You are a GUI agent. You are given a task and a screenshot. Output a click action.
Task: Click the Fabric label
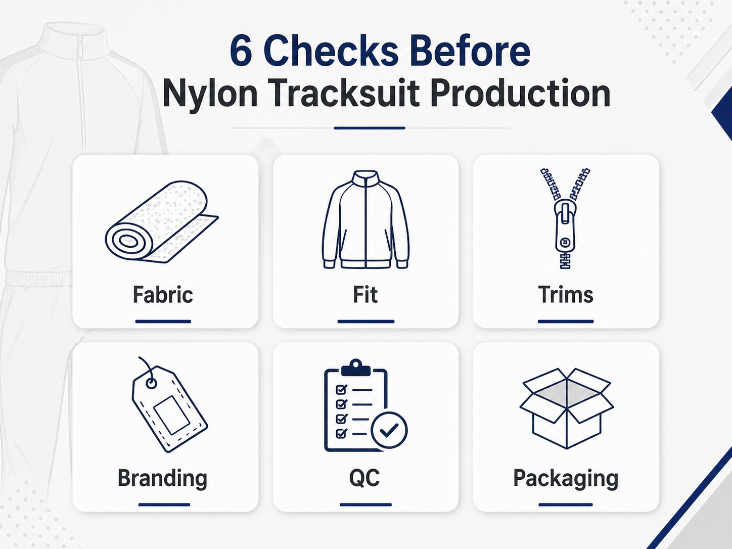[x=163, y=295]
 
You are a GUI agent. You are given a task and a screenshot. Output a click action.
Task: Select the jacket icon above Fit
[x=365, y=219]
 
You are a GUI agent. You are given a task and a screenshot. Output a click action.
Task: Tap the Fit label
[x=365, y=295]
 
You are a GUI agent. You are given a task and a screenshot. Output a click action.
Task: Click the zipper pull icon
[x=565, y=218]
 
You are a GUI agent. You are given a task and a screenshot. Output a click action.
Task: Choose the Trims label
[x=566, y=295]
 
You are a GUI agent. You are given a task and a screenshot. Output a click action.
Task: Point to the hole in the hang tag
[x=151, y=384]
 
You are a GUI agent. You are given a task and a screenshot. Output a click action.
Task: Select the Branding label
[x=162, y=479]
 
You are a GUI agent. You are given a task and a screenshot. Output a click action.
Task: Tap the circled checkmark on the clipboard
[x=389, y=430]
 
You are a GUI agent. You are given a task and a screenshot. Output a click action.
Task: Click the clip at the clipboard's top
[x=355, y=368]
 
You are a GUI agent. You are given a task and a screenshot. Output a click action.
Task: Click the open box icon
[x=566, y=408]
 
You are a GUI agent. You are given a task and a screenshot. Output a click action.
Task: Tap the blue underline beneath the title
[x=370, y=128]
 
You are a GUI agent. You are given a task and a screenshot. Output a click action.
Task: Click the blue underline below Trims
[x=566, y=322]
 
